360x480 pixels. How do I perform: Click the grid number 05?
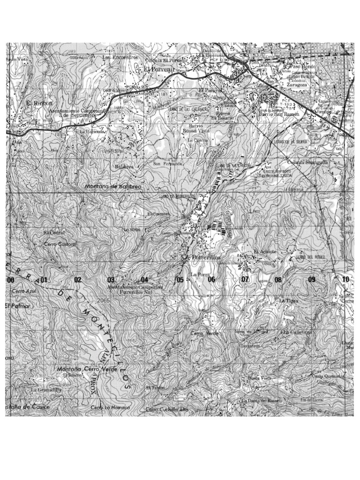pos(180,280)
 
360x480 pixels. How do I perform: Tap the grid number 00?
pos(10,280)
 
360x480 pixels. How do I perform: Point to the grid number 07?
pos(245,279)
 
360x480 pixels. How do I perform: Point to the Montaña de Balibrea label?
pos(112,187)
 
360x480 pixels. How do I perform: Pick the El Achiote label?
pos(262,252)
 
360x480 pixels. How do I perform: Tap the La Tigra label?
pos(288,300)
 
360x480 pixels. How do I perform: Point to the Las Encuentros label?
pos(120,57)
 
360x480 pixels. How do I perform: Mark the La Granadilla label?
pos(46,389)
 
